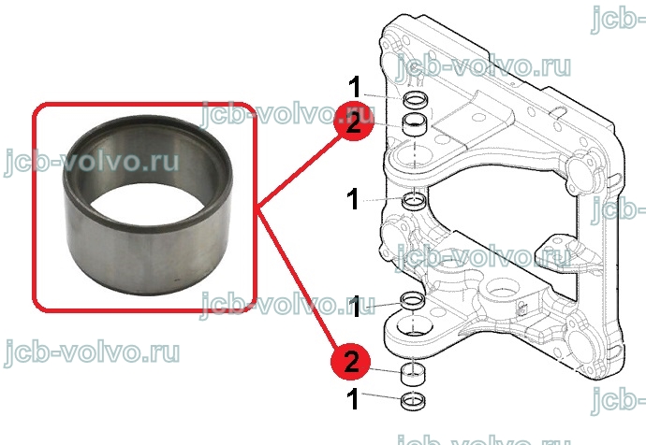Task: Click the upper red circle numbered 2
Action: [354, 122]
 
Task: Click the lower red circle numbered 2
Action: [350, 362]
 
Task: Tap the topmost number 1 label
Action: [354, 87]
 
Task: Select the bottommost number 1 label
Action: [353, 398]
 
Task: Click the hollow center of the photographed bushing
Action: [148, 204]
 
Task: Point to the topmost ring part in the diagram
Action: [416, 99]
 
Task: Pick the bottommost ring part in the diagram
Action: [413, 401]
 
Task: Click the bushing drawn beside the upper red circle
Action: [416, 124]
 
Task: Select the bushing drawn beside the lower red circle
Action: [413, 374]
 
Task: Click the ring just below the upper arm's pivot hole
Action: [415, 201]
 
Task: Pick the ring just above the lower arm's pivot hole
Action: [413, 300]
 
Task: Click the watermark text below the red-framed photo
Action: [92, 353]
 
